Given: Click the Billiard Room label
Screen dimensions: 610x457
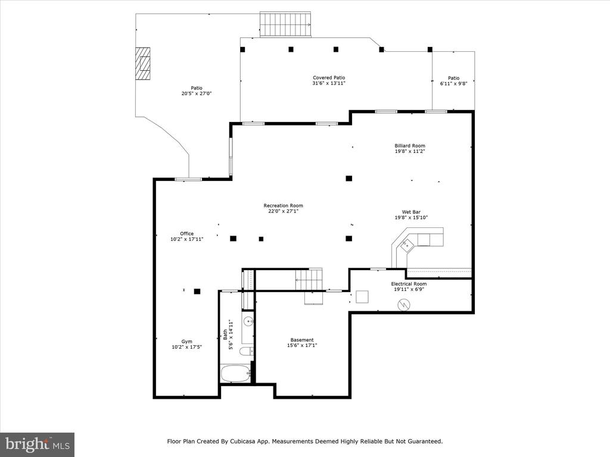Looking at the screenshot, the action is (410, 146).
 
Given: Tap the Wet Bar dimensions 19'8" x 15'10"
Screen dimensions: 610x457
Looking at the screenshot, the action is (411, 218).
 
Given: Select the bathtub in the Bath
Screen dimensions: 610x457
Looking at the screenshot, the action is (236, 374).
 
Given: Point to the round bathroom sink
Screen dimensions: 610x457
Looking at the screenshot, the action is (248, 321).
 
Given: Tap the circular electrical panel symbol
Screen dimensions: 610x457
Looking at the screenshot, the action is (403, 304).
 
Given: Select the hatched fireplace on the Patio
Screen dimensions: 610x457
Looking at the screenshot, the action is (143, 64).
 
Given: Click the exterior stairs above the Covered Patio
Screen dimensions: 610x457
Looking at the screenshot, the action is (285, 25).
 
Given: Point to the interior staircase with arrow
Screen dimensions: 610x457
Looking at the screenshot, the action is (309, 280).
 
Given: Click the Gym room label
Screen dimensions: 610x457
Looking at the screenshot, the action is (186, 342).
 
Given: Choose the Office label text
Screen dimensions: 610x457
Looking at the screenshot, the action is (186, 233).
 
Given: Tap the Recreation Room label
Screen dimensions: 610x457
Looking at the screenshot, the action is (283, 205).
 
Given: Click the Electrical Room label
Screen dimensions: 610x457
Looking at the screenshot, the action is (409, 284).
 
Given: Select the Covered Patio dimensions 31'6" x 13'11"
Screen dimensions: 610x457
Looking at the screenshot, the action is (329, 83).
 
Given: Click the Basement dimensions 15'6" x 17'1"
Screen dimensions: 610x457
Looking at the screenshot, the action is (302, 345).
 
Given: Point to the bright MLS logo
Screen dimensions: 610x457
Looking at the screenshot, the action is (38, 444).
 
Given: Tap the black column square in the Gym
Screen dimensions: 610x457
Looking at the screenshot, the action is (197, 291).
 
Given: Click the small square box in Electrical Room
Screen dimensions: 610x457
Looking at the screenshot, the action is (362, 297).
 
